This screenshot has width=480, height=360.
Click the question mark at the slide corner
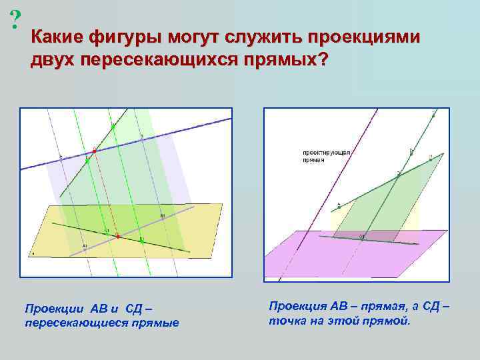coord(14,21)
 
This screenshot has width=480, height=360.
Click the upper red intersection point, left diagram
coord(94,151)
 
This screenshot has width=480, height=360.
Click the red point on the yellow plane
coord(117,236)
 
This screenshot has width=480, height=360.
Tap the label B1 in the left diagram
coord(161,216)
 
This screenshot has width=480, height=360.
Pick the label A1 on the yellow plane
coord(85,247)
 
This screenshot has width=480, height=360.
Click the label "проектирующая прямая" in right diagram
coord(327,157)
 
